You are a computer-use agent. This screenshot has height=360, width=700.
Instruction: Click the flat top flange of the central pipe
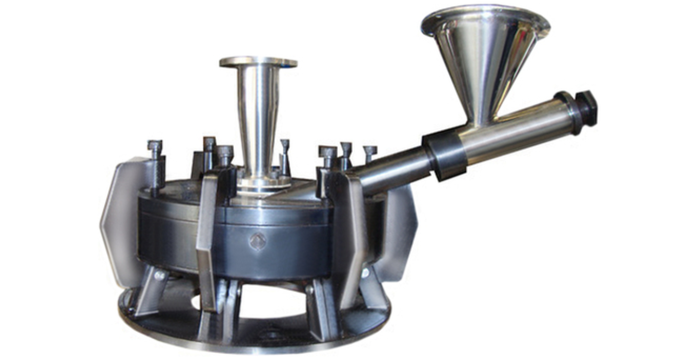coord(258,62)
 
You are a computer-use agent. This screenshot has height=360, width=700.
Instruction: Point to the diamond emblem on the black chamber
coord(256,241)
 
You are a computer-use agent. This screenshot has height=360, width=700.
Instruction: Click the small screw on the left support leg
coord(159,276)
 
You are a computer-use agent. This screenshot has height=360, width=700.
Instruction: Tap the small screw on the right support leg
coord(365,271)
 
